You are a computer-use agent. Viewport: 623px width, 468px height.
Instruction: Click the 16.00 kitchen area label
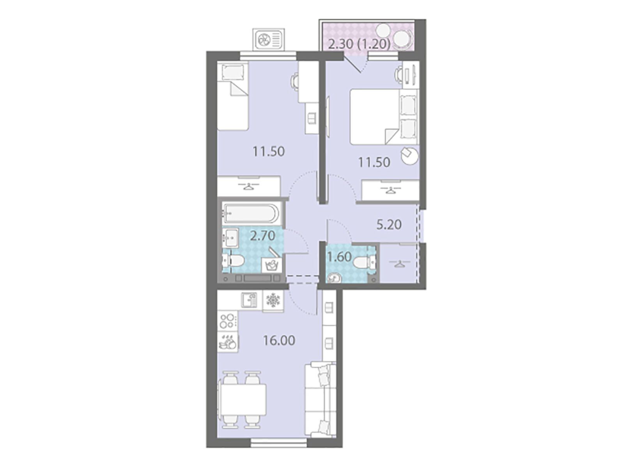tap(279, 340)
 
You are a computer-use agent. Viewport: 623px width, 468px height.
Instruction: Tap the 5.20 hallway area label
tap(389, 225)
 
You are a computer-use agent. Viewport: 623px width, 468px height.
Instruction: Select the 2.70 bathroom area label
tap(263, 236)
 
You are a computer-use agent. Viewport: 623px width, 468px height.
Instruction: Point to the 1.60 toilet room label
tap(339, 257)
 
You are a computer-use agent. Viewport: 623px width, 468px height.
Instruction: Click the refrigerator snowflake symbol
tap(273, 300)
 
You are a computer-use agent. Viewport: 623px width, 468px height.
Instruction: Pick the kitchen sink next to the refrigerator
tap(249, 300)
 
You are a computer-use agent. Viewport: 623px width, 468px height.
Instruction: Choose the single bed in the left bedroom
tap(233, 96)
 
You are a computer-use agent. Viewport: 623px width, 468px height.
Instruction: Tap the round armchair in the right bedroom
tap(410, 155)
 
